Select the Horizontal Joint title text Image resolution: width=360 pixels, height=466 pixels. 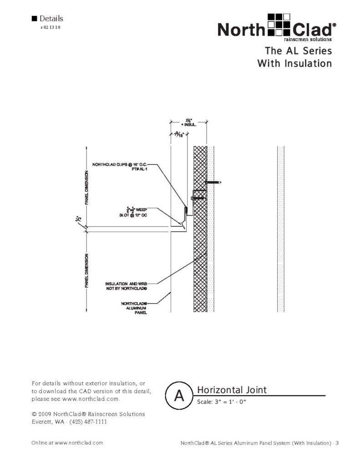(x=232, y=390)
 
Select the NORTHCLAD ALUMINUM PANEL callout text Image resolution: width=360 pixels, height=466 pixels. (x=134, y=308)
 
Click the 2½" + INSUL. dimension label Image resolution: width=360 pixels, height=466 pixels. (x=188, y=122)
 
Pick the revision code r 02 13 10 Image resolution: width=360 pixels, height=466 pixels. (x=51, y=28)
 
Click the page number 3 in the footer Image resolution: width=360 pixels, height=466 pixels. (x=337, y=443)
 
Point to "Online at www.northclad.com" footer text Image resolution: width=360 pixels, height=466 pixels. (x=67, y=443)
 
